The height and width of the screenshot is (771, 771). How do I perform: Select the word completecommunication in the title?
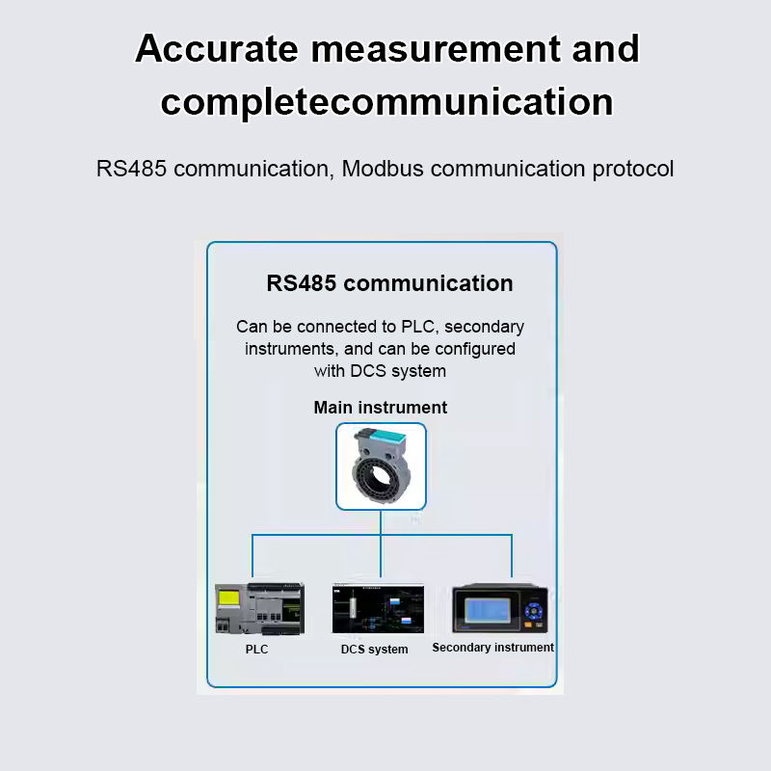pos(386,102)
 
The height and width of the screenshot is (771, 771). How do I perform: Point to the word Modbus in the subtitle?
pos(382,169)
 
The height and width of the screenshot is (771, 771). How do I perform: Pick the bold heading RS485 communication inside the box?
pos(389,283)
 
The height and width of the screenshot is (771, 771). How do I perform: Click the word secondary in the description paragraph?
pos(484,327)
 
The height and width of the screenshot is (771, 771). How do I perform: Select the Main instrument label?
pos(380,408)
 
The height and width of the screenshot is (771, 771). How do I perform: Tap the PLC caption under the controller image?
pos(256,650)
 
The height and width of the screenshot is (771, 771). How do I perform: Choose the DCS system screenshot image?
pos(378,608)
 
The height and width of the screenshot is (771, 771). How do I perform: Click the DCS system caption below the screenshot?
pos(374,650)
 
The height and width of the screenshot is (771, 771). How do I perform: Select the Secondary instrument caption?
pos(492,648)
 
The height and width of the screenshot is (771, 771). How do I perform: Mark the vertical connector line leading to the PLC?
pos(253,557)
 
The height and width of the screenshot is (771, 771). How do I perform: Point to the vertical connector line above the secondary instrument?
pos(512,557)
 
